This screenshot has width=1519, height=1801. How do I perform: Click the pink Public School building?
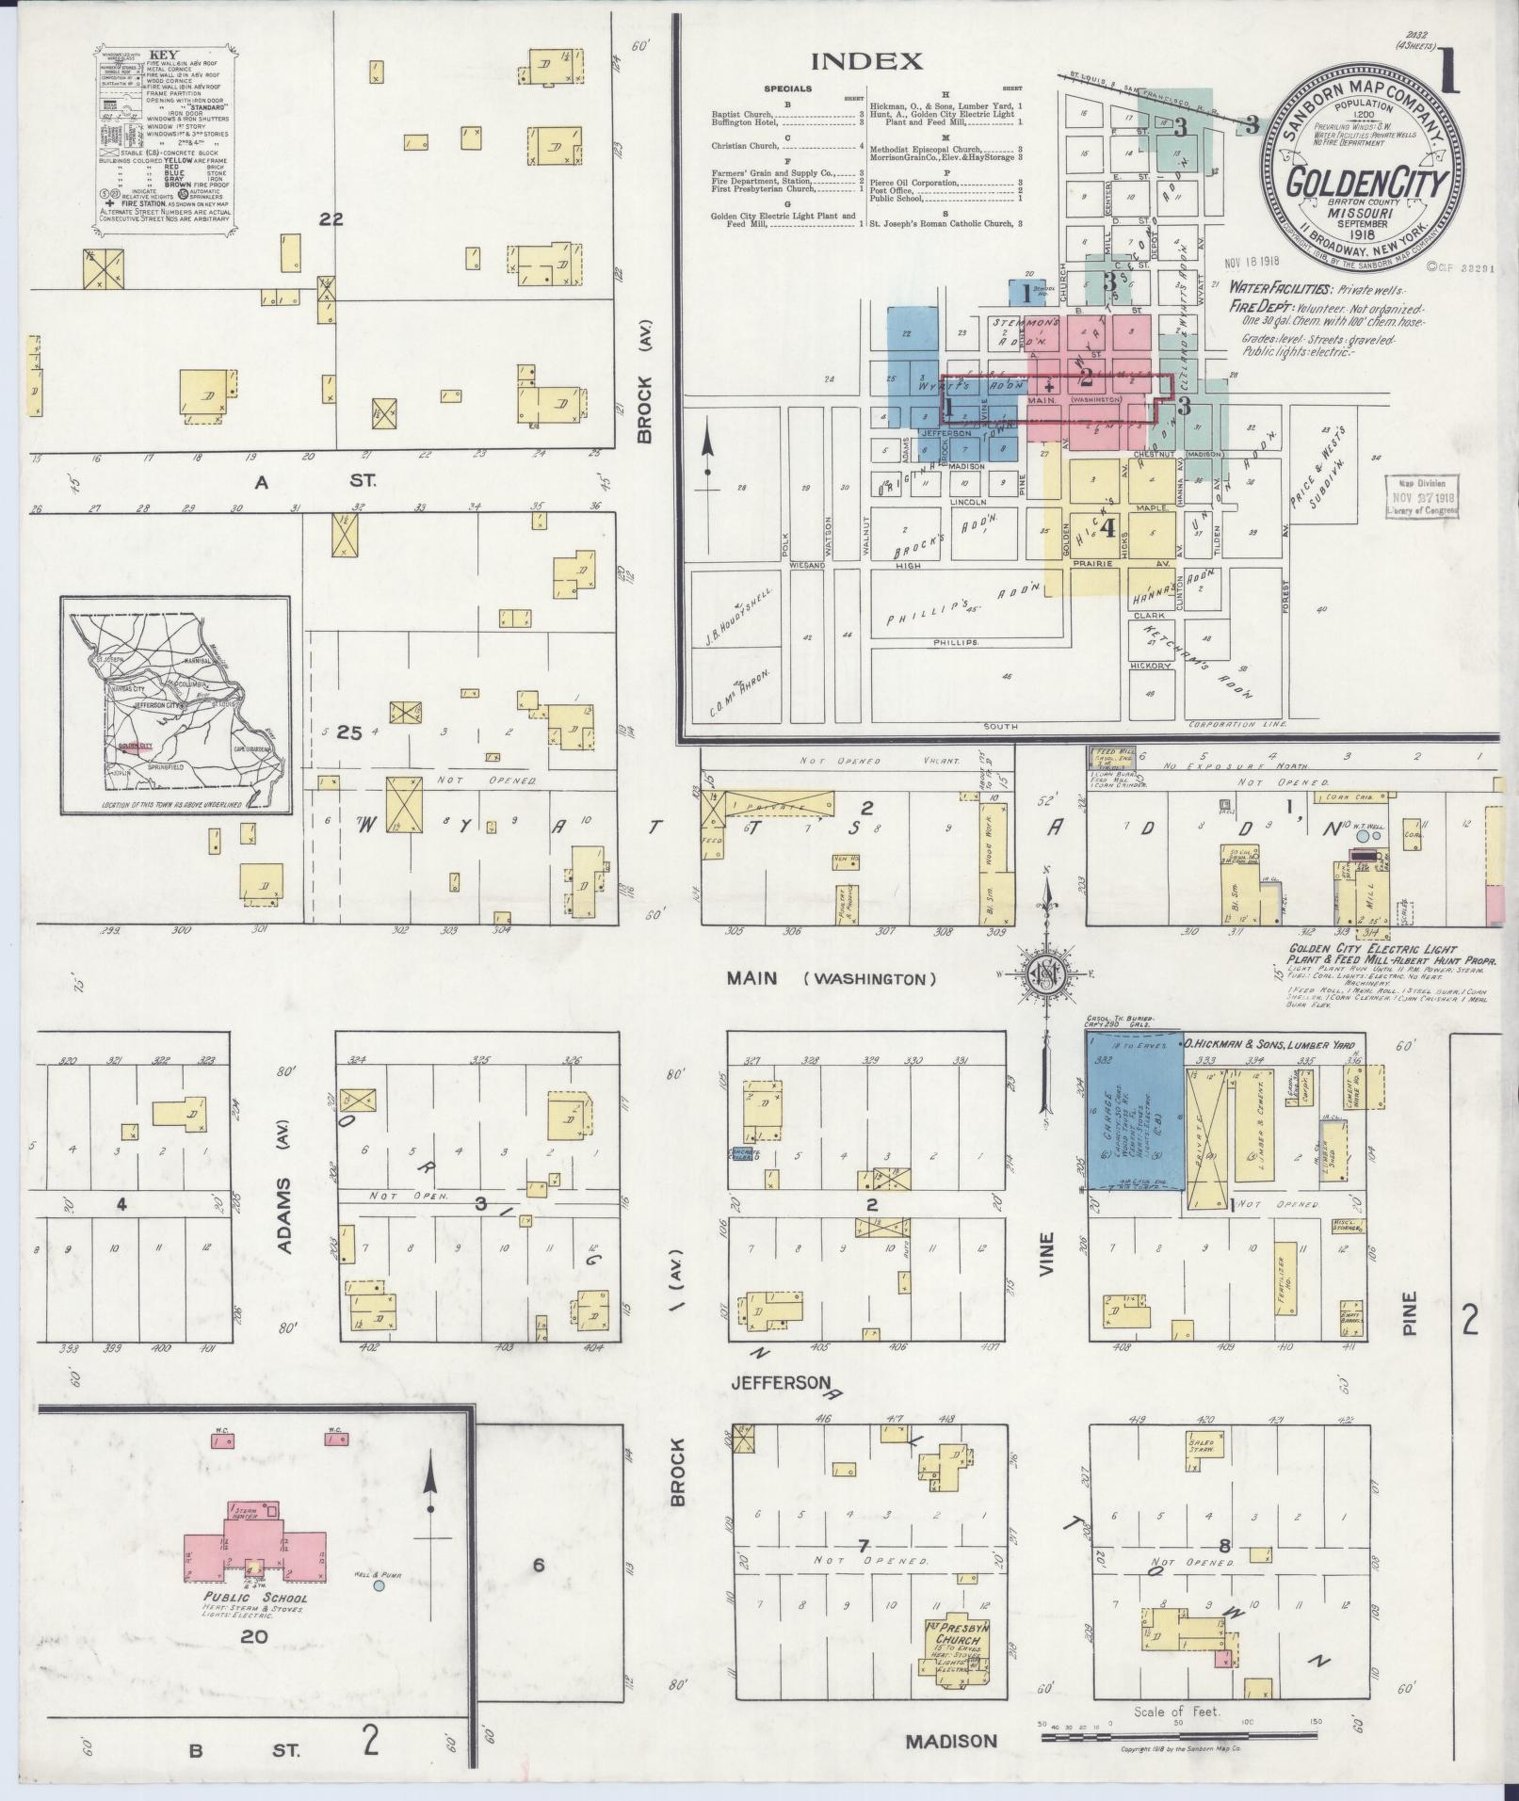[254, 1552]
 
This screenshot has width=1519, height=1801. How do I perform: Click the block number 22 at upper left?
[331, 221]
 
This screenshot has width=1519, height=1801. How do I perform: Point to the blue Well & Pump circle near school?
[379, 1586]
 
